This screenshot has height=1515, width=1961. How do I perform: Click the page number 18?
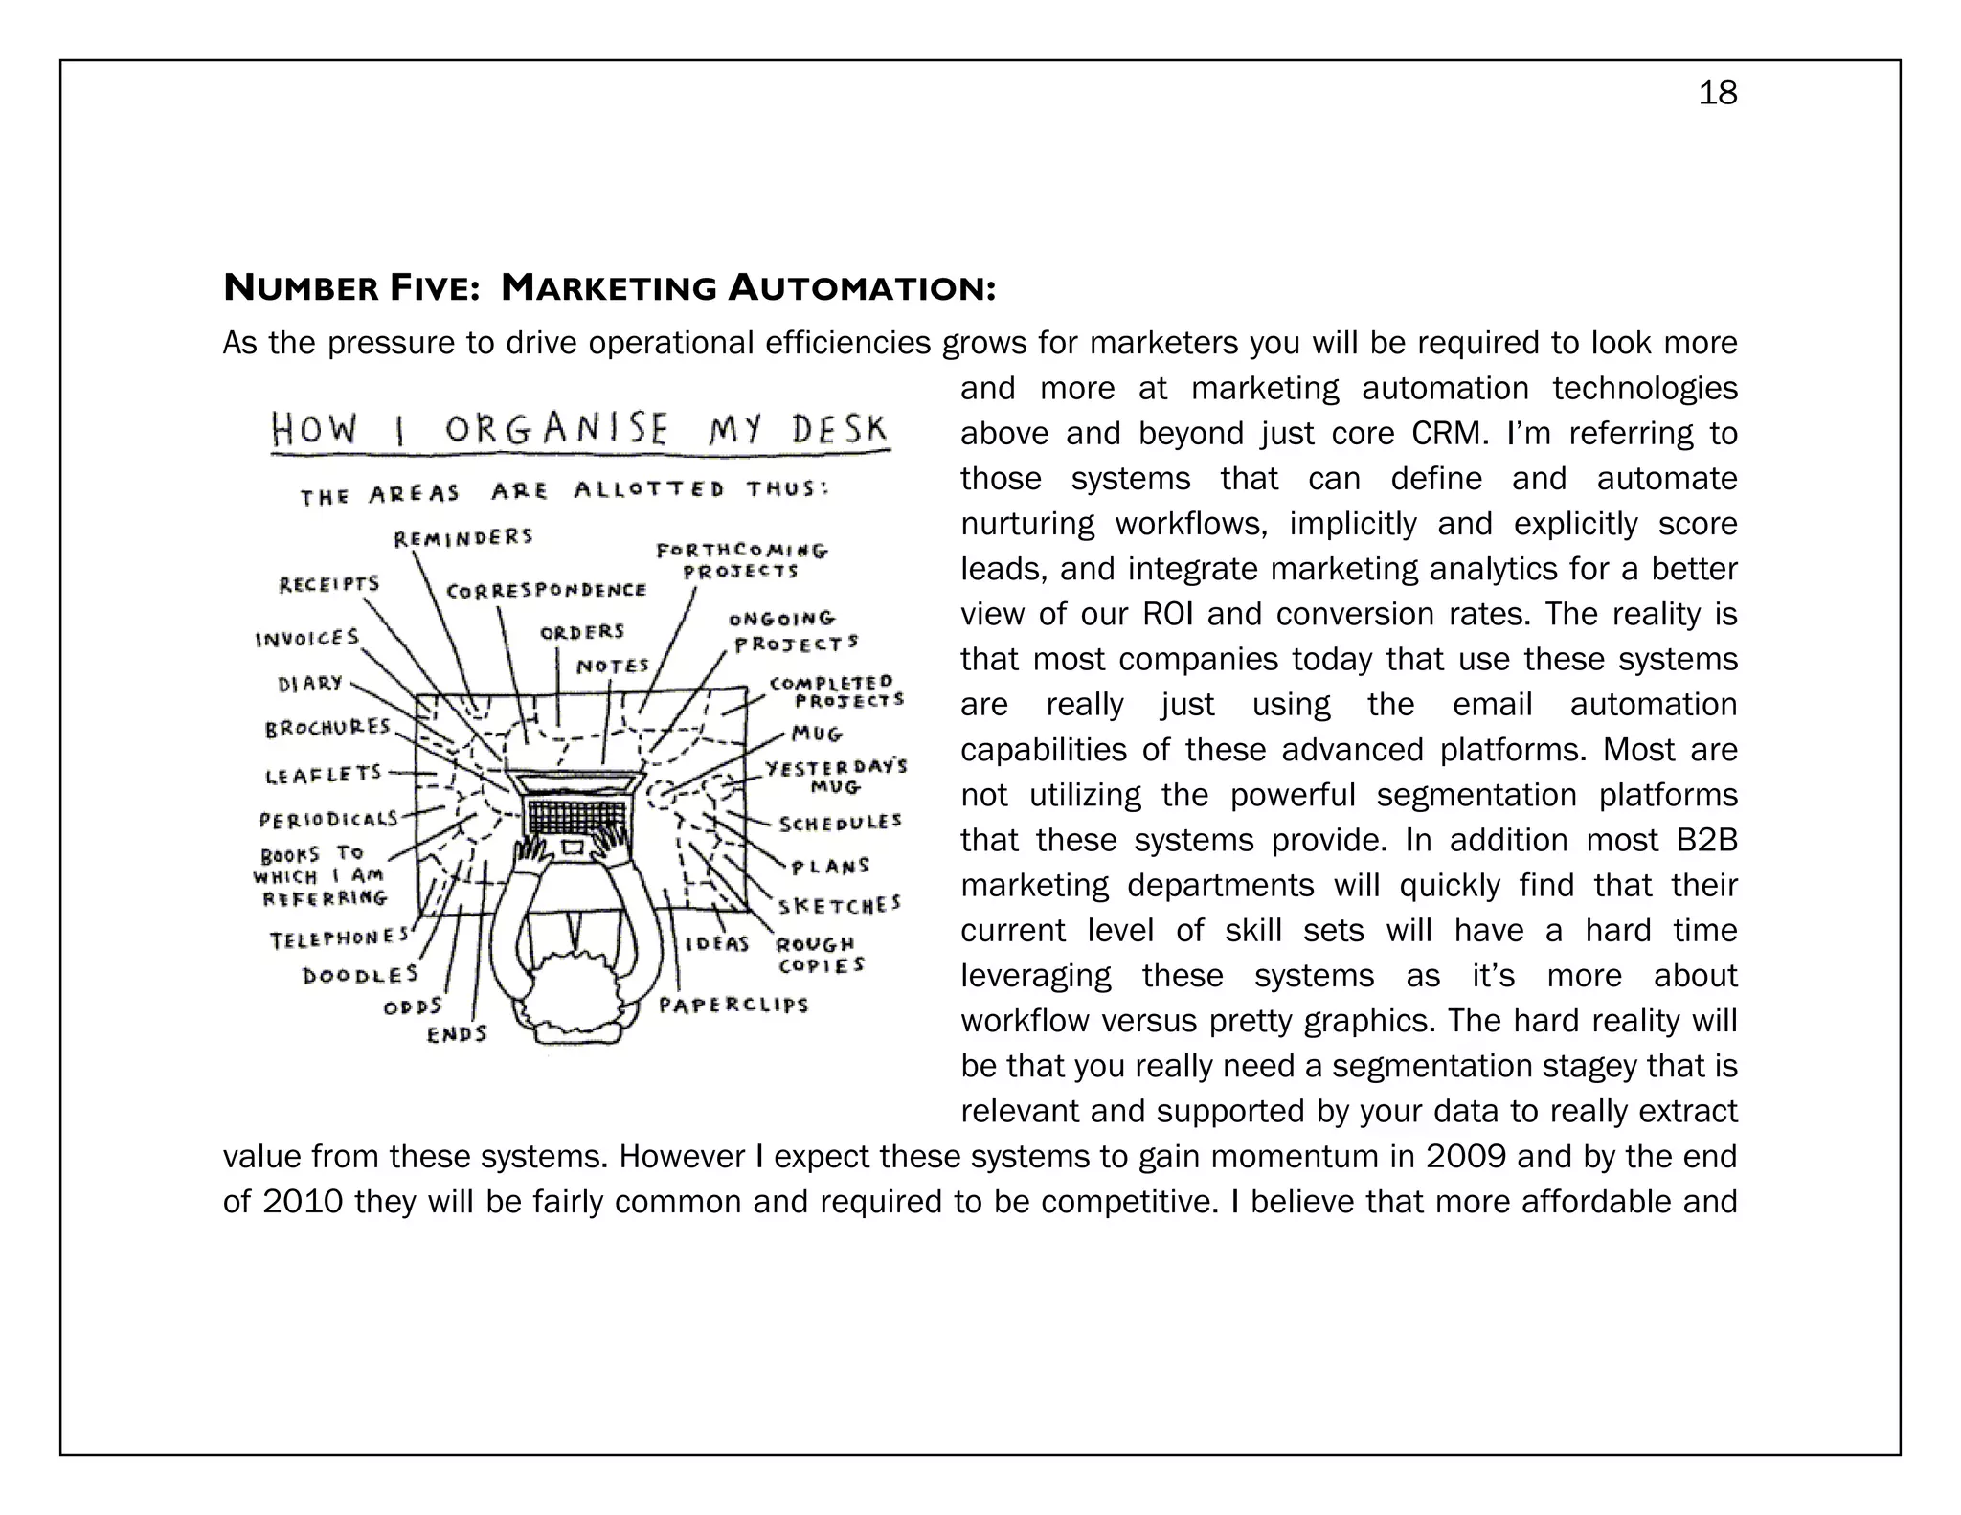click(x=1717, y=94)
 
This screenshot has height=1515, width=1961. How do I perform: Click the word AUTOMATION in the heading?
click(x=861, y=287)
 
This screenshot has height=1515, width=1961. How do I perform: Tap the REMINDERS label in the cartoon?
click(x=463, y=537)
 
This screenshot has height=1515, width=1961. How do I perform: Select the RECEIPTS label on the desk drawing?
click(x=329, y=584)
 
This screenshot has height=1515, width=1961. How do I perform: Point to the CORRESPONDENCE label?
click(x=547, y=591)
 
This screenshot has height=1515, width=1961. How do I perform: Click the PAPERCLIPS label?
click(x=733, y=1006)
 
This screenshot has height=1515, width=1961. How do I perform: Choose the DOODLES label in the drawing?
click(x=361, y=975)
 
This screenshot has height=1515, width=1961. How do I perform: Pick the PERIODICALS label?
click(x=328, y=820)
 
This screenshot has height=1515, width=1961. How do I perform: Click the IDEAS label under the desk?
click(x=717, y=944)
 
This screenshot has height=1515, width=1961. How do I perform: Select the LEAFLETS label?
click(x=324, y=774)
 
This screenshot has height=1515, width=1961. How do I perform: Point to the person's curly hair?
click(x=576, y=996)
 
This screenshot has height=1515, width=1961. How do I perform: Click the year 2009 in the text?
click(x=1465, y=1157)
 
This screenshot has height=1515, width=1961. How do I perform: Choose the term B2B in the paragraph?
click(x=1706, y=840)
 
